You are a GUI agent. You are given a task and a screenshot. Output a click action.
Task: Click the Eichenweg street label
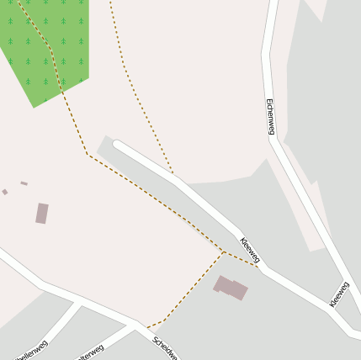click(270, 116)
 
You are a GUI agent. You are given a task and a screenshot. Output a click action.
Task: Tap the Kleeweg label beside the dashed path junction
click(250, 250)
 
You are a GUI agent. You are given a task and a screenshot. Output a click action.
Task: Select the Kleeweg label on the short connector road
click(339, 294)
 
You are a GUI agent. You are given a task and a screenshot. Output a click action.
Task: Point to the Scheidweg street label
click(165, 347)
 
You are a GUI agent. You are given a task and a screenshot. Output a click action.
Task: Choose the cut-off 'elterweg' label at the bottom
click(90, 352)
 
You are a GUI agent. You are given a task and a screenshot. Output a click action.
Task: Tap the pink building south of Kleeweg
click(231, 287)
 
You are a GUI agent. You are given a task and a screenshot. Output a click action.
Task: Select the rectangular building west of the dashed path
click(41, 214)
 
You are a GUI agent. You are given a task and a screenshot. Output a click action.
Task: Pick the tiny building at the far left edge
click(5, 192)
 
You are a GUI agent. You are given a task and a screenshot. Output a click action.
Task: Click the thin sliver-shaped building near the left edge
click(24, 183)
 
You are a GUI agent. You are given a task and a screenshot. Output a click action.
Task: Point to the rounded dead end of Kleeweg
click(118, 146)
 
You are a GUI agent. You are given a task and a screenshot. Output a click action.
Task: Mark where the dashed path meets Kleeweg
click(257, 267)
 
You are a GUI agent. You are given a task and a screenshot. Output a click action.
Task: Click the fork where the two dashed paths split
click(223, 252)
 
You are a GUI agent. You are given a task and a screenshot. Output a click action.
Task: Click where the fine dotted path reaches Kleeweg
click(173, 176)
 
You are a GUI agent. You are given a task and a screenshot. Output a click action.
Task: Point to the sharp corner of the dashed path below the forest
click(88, 154)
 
